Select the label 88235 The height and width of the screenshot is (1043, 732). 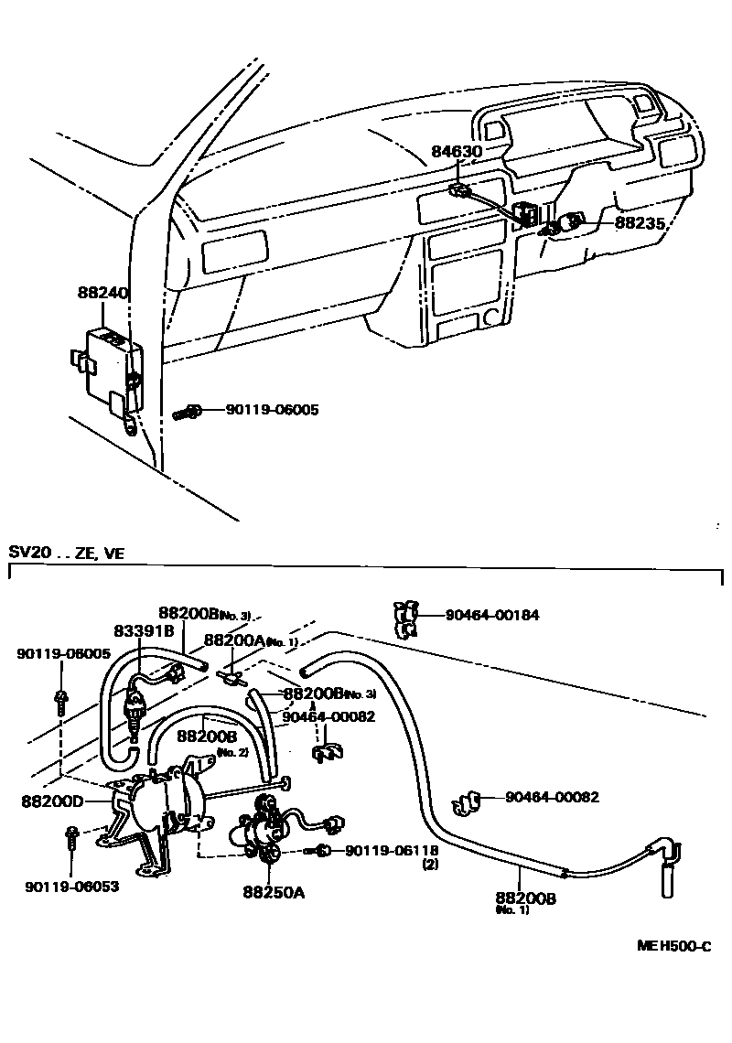(x=639, y=222)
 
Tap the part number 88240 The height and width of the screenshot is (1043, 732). (x=102, y=295)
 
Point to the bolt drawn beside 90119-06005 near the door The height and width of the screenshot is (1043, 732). (x=186, y=413)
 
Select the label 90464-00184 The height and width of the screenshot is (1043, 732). (x=492, y=615)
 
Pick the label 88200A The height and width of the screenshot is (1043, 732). (x=234, y=641)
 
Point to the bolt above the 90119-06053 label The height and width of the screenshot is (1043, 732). (x=70, y=839)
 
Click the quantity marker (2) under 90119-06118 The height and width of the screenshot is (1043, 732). (x=429, y=864)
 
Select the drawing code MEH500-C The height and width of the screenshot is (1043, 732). (x=673, y=946)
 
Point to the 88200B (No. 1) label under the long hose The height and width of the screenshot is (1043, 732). (x=525, y=898)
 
